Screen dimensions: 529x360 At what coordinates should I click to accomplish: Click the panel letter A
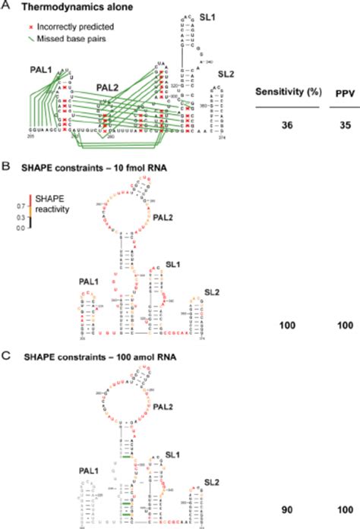(5, 6)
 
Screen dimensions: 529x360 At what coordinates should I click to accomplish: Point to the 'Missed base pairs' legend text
(67, 36)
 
